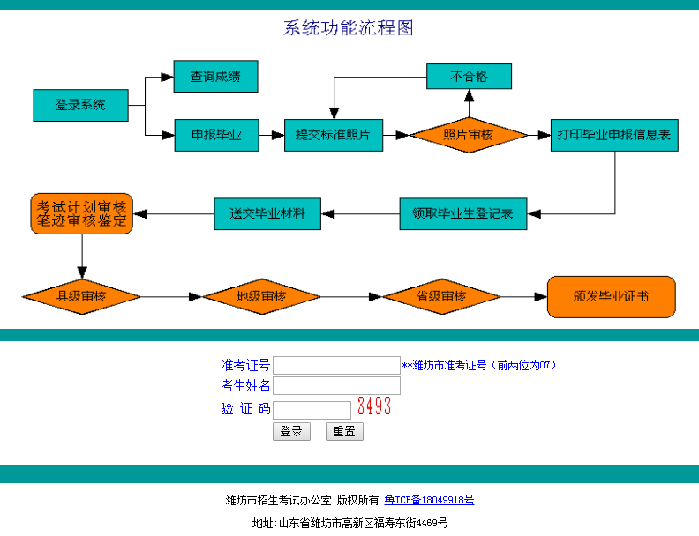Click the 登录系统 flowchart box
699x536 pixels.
[x=80, y=105]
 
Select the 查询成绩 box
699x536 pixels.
[x=215, y=77]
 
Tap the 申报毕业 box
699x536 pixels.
[x=216, y=135]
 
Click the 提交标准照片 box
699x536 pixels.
[x=333, y=135]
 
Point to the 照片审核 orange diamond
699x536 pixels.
[x=468, y=135]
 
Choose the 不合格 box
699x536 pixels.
[x=469, y=77]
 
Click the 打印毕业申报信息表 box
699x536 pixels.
[x=613, y=135]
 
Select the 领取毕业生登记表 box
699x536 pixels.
[x=462, y=213]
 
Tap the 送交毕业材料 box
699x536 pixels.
[x=267, y=213]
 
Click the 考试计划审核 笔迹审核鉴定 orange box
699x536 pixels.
[x=81, y=213]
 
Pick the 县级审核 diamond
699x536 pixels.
[x=81, y=296]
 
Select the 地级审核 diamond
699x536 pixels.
[x=261, y=296]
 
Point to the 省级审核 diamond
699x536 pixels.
[x=441, y=296]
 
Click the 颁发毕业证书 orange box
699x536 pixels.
[x=611, y=296]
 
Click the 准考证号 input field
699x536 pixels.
[x=336, y=365]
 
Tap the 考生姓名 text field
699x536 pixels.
[x=336, y=386]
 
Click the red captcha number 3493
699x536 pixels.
[x=373, y=407]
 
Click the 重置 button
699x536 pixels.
[x=344, y=431]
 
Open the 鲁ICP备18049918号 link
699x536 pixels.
[x=429, y=500]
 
